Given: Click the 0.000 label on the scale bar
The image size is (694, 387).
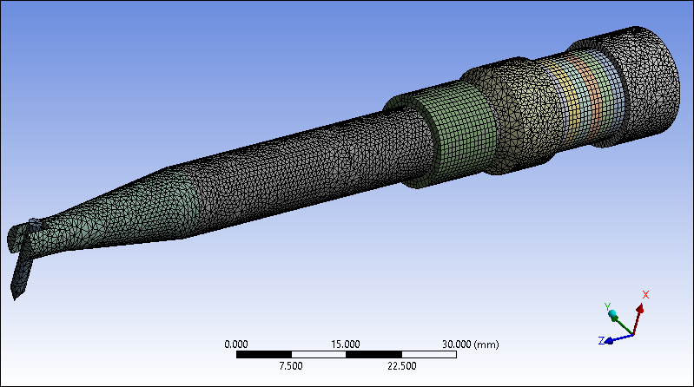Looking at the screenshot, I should [236, 344].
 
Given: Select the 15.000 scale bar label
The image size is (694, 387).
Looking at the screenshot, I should [346, 344].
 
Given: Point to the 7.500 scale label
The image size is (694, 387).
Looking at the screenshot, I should [291, 365].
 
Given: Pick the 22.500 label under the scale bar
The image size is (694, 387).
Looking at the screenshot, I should [400, 365].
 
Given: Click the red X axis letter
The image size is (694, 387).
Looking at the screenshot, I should [645, 295].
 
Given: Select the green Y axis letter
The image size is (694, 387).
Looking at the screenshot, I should [606, 306].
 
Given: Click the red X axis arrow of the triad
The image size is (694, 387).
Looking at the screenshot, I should [639, 314].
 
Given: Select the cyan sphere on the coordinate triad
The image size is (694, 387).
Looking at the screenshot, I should [613, 314].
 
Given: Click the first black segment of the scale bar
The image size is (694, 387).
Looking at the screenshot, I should [263, 354].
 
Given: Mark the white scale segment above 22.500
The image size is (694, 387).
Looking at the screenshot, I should [400, 354].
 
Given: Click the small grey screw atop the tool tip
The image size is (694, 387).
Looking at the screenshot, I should [34, 224].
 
